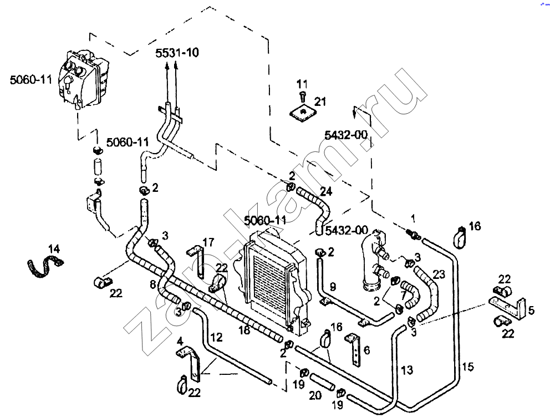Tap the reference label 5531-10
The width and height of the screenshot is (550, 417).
click(x=177, y=53)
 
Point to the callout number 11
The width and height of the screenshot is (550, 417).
click(x=302, y=84)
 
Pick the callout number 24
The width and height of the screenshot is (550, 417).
click(x=326, y=192)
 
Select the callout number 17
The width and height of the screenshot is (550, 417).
click(x=208, y=242)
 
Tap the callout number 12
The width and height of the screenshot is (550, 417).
click(x=216, y=336)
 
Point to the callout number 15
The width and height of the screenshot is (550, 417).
click(x=468, y=367)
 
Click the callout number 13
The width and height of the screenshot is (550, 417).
click(x=406, y=369)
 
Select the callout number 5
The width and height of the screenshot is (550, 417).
click(x=531, y=311)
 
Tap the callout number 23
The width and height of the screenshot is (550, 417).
click(x=439, y=273)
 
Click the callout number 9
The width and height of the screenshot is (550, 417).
click(x=333, y=287)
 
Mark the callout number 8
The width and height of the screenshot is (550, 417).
click(x=153, y=285)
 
